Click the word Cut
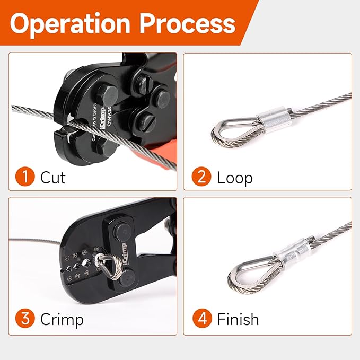coord(53,177)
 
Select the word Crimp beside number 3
coord(62,320)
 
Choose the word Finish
coord(238,320)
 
